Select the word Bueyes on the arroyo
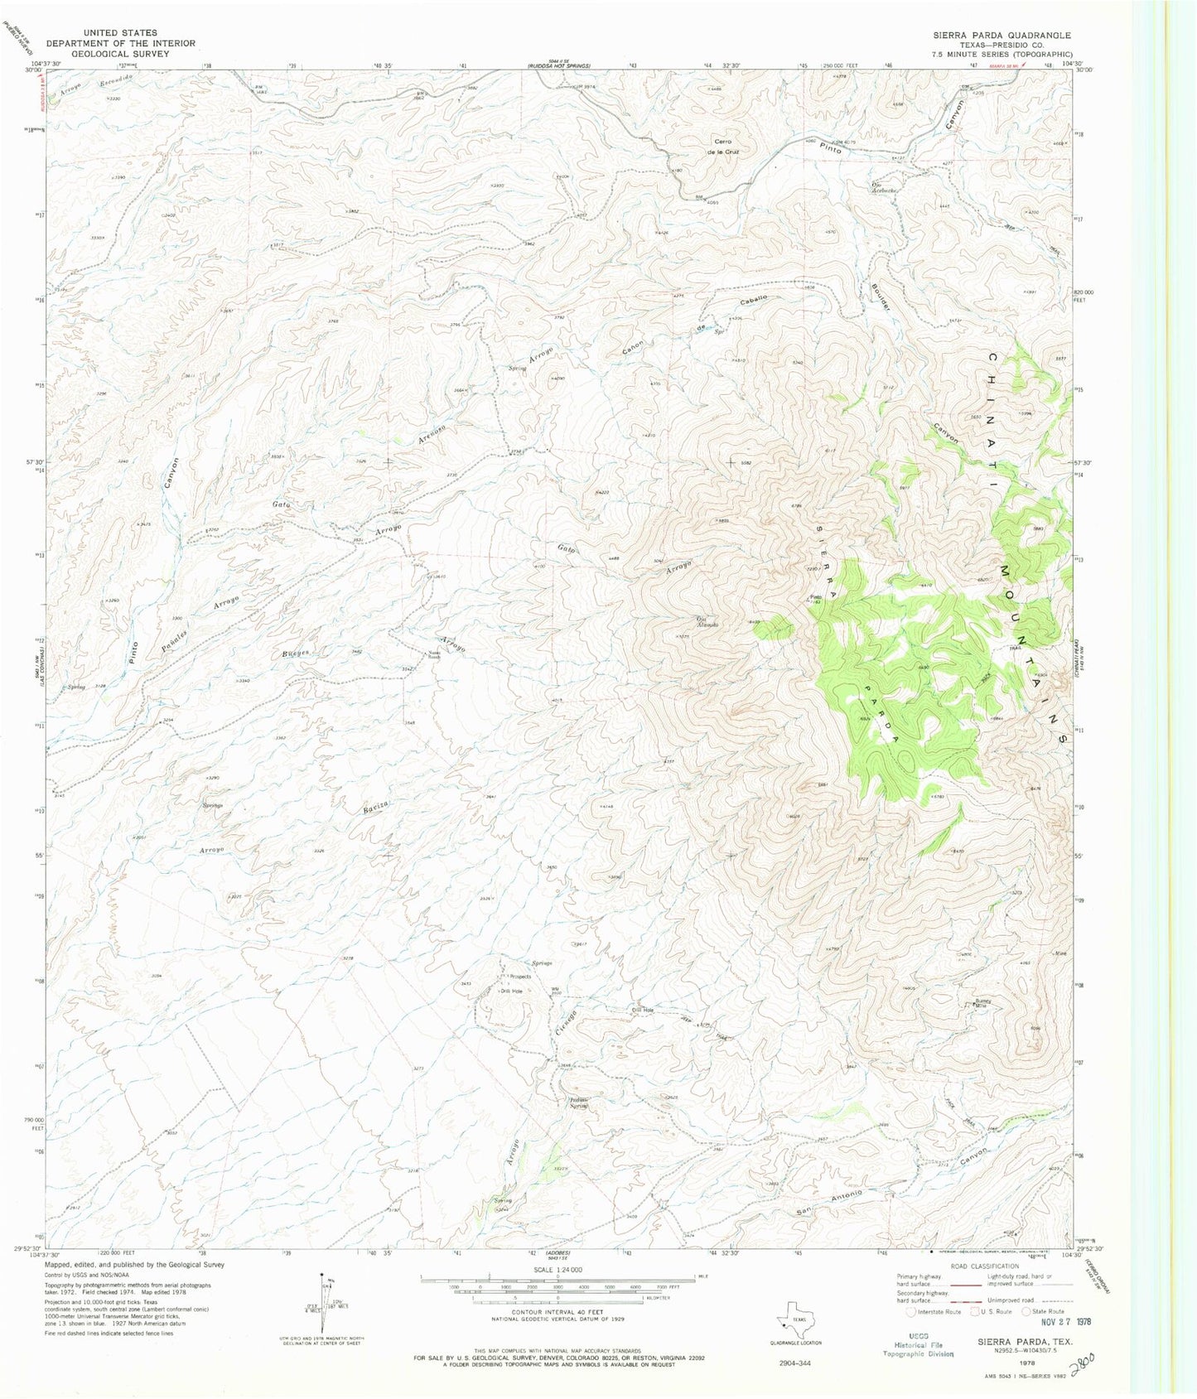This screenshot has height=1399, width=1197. click(296, 653)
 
